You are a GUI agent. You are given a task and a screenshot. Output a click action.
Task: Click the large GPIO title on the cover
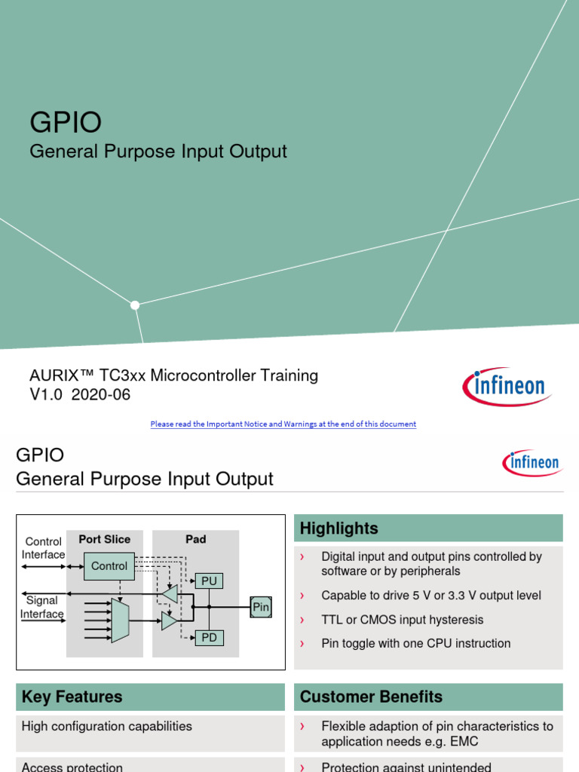point(66,123)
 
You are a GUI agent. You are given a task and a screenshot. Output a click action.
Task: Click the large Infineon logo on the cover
point(507,387)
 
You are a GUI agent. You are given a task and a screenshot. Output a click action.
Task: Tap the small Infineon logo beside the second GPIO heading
point(532,461)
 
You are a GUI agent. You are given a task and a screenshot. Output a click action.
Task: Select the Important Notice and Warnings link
point(283,424)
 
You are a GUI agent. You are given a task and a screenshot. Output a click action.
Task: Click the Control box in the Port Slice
point(109,566)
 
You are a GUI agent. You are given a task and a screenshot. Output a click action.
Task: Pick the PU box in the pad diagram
point(209,581)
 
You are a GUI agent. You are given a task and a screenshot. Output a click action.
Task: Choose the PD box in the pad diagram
point(209,637)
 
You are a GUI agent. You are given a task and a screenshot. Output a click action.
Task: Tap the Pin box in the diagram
point(261,607)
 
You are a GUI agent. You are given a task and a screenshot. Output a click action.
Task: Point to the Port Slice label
point(105,540)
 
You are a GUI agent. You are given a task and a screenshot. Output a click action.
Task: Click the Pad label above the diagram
point(196,540)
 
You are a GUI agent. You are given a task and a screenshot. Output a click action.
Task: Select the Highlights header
point(339,528)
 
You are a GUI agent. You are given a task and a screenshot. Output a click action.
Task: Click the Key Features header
point(72,697)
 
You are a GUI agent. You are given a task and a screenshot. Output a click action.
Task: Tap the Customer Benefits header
point(371,697)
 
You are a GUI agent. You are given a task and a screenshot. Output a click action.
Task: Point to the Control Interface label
point(43,548)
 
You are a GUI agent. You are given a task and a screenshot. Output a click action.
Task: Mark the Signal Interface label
point(42,607)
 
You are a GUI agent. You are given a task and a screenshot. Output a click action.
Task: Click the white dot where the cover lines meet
point(135,305)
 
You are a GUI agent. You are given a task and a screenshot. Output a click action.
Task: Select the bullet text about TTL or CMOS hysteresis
point(402,620)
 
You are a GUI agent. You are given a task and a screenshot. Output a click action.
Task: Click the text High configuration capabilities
point(107,726)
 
